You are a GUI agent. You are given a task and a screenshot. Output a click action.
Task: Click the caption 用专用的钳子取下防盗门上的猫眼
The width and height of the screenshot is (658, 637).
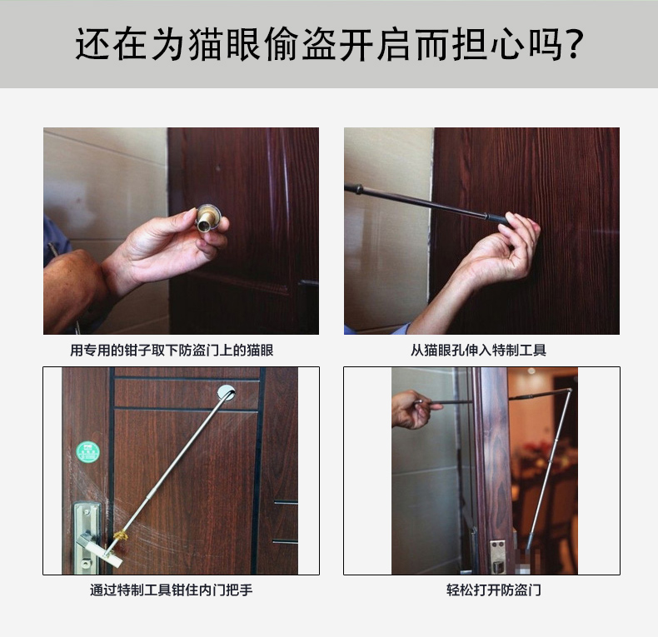(x=172, y=350)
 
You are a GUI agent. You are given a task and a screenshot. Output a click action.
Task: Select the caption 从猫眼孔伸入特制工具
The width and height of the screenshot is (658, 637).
(x=478, y=350)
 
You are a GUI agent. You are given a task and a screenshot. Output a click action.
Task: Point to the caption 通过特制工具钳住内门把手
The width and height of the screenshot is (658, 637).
(x=172, y=590)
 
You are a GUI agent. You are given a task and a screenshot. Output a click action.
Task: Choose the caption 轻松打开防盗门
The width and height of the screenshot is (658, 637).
(x=493, y=590)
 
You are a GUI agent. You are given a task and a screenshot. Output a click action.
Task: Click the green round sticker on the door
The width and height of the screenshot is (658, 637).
(x=88, y=452)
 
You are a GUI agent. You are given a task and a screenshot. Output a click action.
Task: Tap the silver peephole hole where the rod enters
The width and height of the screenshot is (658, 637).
(x=227, y=392)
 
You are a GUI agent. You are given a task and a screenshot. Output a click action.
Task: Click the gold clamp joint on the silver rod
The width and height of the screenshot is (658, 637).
(x=121, y=535)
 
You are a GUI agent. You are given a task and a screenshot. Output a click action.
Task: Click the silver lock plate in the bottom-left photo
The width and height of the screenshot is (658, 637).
(x=87, y=537)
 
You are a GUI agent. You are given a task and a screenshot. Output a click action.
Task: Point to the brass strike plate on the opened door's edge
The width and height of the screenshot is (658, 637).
(x=497, y=556)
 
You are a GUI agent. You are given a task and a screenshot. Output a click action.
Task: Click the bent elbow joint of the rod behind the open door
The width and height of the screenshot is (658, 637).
(x=569, y=391)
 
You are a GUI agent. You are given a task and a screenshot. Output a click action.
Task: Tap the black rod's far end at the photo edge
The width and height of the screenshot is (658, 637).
(x=346, y=187)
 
